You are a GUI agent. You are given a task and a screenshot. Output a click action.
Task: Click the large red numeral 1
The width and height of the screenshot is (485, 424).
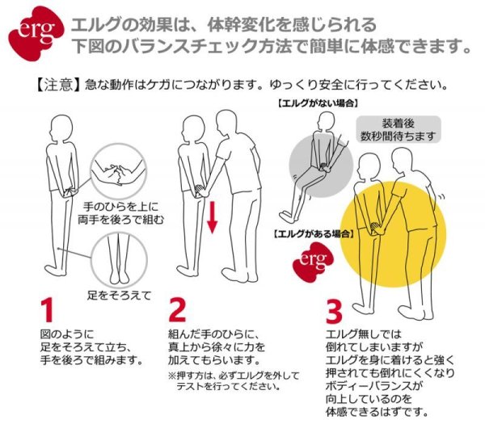click(48, 310)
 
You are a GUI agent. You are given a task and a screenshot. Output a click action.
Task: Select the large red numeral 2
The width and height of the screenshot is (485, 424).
click(179, 310)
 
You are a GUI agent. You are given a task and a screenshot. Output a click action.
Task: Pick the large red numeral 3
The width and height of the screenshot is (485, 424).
click(335, 310)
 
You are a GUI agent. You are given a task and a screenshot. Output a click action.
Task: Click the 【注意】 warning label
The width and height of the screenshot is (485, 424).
click(57, 84)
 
